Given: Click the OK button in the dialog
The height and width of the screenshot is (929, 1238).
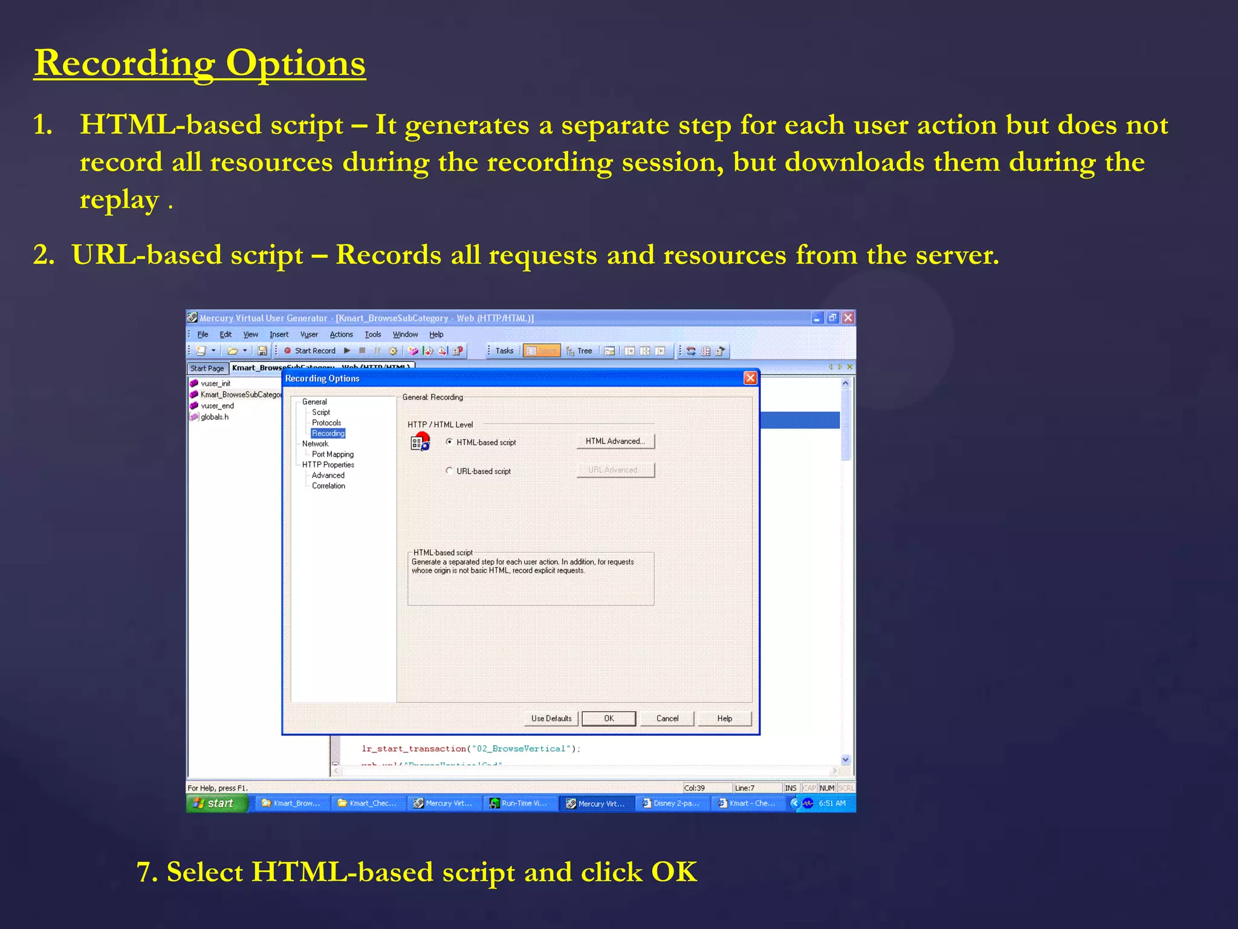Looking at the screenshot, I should (x=608, y=719).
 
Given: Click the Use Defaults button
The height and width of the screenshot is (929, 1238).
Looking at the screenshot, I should (x=551, y=719).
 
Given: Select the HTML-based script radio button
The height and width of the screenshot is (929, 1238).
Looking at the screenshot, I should (x=449, y=442).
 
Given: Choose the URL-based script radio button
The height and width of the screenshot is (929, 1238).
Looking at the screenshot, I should (x=449, y=471).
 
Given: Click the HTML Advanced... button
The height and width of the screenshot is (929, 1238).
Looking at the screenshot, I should (x=615, y=442).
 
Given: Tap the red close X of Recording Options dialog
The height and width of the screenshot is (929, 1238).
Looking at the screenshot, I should (x=750, y=378).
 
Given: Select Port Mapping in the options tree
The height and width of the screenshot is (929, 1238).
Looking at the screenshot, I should (x=332, y=454).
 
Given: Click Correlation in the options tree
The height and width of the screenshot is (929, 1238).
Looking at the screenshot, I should (x=328, y=486).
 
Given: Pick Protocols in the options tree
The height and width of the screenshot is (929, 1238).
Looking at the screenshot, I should (x=326, y=423).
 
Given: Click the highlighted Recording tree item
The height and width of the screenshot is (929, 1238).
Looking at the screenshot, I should (x=328, y=433).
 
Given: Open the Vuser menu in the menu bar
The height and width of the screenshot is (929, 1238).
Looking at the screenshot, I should (x=309, y=334).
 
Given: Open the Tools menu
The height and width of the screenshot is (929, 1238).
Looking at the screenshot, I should (x=372, y=334).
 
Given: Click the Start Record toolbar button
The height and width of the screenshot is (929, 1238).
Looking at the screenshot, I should (x=309, y=351).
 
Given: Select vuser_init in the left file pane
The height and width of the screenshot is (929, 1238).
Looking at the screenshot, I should (x=215, y=383).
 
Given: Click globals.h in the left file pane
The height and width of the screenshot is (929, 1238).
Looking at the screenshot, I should (x=215, y=417).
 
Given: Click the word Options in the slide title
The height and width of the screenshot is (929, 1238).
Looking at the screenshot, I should (x=296, y=64).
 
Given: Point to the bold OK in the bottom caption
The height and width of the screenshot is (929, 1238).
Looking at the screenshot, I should (x=674, y=872).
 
